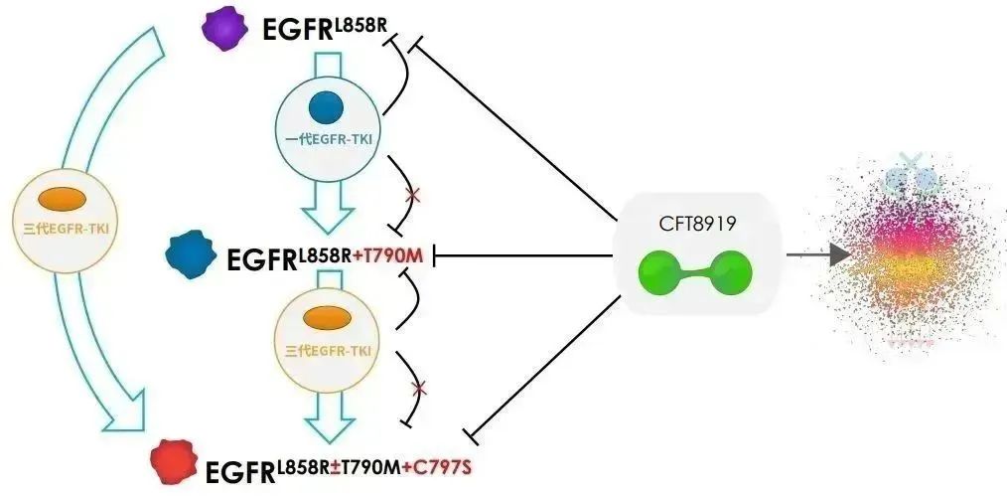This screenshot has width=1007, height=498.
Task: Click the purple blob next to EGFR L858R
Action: coord(224,29)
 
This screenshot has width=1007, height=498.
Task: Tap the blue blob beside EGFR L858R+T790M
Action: coord(195,256)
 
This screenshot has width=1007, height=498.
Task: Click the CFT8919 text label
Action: coord(695,225)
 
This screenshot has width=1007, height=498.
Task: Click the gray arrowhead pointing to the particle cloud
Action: coord(839,255)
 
